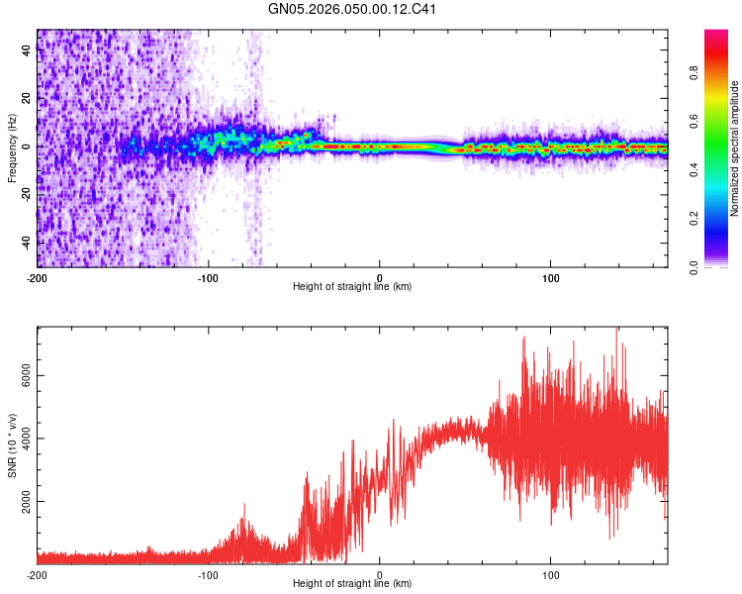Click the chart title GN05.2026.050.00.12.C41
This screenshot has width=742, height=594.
tap(353, 10)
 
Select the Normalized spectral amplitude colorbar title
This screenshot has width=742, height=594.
tap(735, 149)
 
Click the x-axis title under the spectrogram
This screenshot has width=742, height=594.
tap(352, 286)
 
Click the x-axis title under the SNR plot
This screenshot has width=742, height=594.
tap(352, 584)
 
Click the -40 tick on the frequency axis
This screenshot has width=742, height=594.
tap(27, 243)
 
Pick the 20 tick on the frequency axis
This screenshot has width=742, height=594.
tap(27, 99)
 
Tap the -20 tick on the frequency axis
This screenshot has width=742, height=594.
tap(27, 195)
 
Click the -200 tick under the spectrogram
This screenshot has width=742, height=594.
tap(38, 276)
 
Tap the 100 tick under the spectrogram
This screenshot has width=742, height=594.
tap(551, 276)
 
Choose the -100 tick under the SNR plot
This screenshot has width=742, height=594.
tap(209, 574)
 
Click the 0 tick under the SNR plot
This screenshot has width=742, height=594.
tap(380, 574)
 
